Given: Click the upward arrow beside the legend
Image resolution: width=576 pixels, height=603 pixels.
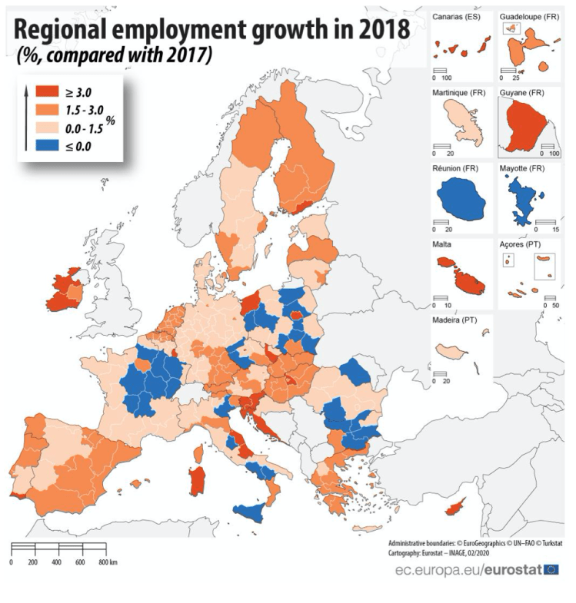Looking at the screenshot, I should (x=27, y=115).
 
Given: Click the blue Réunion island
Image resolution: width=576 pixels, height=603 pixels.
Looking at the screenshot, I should (x=461, y=201).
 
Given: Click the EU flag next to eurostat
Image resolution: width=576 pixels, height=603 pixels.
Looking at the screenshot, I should (x=551, y=569).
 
